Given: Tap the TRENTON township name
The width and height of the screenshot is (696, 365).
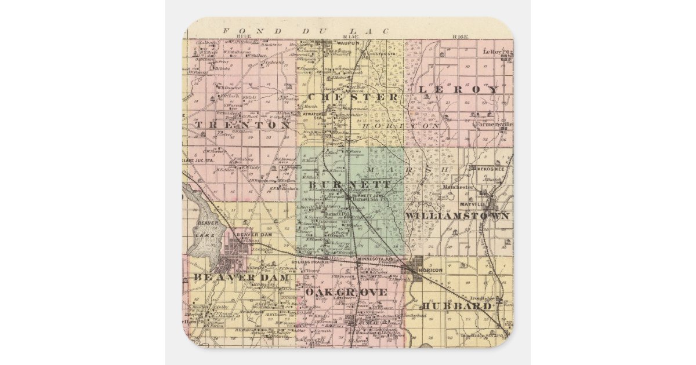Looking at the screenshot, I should tap(242, 125).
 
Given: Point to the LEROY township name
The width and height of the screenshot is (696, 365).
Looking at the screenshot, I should tap(458, 90).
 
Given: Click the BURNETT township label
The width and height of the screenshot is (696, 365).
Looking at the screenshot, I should tap(349, 184).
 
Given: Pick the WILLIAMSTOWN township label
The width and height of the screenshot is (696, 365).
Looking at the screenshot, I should tap(458, 216).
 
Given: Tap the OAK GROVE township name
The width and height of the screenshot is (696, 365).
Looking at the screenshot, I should tap(346, 293).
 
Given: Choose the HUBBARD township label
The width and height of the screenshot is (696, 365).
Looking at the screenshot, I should tap(456, 305).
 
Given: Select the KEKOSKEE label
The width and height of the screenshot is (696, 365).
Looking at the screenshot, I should tap(494, 169).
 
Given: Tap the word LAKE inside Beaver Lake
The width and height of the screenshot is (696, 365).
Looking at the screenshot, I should tap(200, 235).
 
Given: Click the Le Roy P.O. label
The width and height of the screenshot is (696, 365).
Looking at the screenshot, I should tap(498, 51).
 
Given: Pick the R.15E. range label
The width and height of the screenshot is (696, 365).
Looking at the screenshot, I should tap(349, 36).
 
